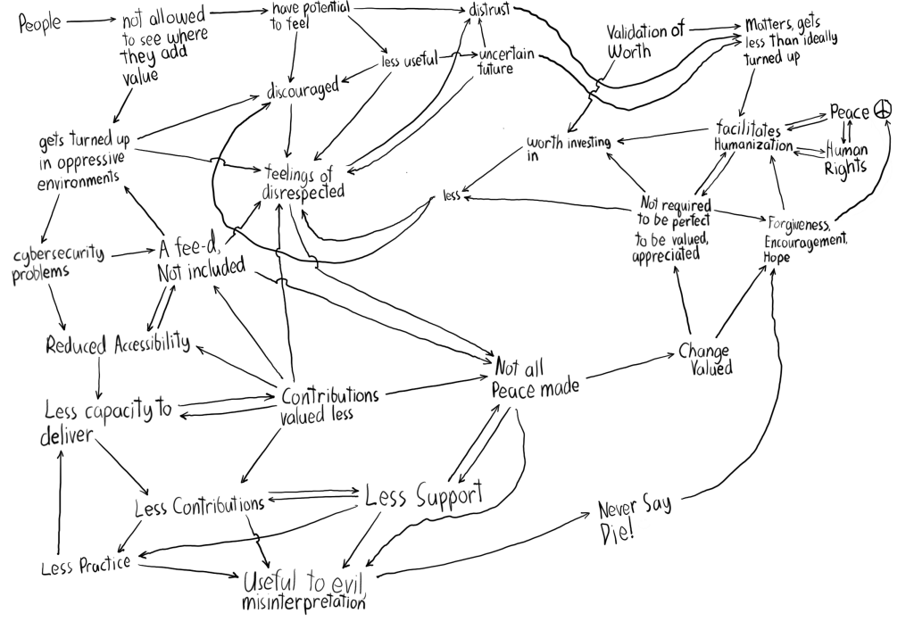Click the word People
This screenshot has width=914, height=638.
pos(40,22)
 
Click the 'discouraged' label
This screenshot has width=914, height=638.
pos(304,88)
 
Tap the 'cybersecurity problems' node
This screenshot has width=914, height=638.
pos(56,262)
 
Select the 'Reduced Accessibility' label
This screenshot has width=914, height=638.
pos(118,344)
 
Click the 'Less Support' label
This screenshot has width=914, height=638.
pos(423,495)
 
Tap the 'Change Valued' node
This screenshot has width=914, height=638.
pos(704,359)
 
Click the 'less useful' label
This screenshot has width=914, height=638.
pos(409,61)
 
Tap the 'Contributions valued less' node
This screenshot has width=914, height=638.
pos(328,403)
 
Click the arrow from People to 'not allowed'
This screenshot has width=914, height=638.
pos(91,21)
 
